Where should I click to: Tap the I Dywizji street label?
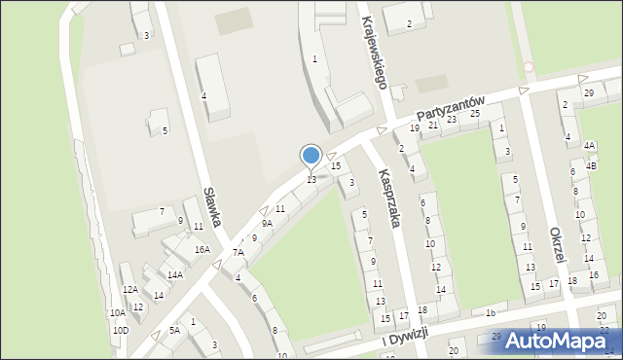coord(405,337)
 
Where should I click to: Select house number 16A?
coord(202,250)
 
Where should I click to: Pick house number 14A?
coord(174,275)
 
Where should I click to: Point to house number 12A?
coord(129,289)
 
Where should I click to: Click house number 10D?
coord(120,331)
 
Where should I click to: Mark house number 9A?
coord(267,224)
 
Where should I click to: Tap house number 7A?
coord(238,253)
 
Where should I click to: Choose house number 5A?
coord(174,331)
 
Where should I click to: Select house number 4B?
coord(591,166)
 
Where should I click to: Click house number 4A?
coord(589,145)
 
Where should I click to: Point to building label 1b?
coord(491,313)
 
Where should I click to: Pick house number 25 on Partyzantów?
coord(475,114)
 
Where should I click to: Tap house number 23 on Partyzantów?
coord(452,120)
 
